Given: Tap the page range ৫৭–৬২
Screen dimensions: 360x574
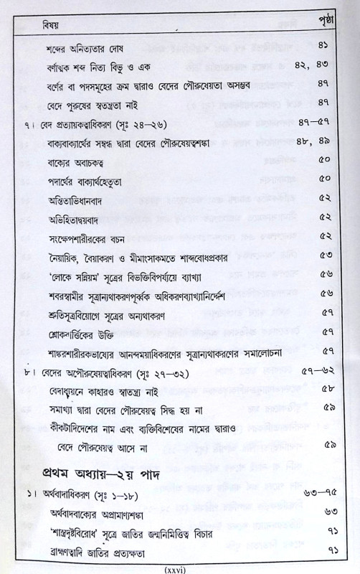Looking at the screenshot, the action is tap(315, 373).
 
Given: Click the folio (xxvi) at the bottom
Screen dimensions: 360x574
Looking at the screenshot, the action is tap(179, 568).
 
